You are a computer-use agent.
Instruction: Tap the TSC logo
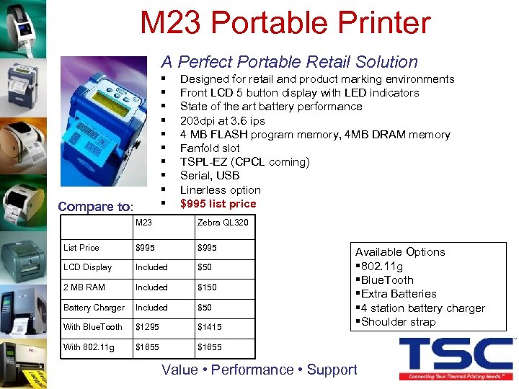pos(456,356)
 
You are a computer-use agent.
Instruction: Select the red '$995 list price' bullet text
pos(218,204)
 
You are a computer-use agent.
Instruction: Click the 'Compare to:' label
pos(95,207)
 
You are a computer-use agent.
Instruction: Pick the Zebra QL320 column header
pos(223,223)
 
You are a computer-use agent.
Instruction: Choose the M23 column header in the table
pos(143,223)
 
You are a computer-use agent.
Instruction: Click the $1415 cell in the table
pos(210,327)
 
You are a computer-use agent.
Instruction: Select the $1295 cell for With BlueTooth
pos(148,327)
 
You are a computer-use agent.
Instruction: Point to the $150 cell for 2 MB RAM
pos(208,287)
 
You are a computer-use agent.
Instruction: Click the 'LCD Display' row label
pos(88,267)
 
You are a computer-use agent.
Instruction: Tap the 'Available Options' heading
pos(400,252)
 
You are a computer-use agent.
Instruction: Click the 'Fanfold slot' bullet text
pos(210,148)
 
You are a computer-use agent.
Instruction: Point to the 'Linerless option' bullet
pos(220,190)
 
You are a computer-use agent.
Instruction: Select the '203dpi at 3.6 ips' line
pos(222,120)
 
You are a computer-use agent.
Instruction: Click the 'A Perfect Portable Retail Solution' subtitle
pos(289,62)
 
